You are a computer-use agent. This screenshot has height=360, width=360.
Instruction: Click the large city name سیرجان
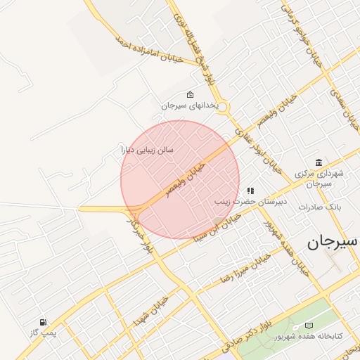pos(332,242)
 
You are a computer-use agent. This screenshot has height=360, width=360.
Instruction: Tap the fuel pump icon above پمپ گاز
pos(44,321)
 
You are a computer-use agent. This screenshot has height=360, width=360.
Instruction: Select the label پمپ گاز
pos(44,332)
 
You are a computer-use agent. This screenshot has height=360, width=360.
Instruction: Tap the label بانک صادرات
pos(320,207)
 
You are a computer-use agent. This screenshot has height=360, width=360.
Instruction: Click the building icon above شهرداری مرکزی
pos(319,162)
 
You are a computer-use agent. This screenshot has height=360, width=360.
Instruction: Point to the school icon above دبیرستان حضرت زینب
pos(250,191)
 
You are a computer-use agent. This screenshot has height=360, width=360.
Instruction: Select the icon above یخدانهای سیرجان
pos(190,94)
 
